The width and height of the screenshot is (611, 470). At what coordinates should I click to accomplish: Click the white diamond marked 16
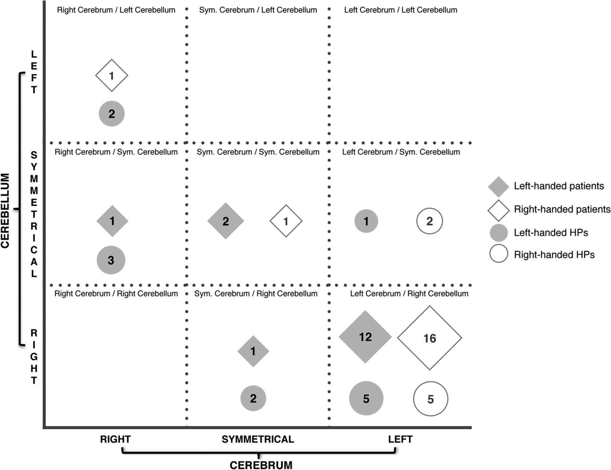pyautogui.click(x=430, y=338)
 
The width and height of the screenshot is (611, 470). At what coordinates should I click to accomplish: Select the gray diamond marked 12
pyautogui.click(x=365, y=337)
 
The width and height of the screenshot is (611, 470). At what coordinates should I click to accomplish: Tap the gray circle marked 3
pyautogui.click(x=111, y=260)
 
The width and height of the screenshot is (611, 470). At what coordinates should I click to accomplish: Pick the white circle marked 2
pyautogui.click(x=429, y=221)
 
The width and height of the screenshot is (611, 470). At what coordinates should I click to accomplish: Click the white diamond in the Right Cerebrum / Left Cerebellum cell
pyautogui.click(x=112, y=75)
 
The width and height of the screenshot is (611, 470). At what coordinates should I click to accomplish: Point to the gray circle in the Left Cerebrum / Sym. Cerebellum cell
pyautogui.click(x=366, y=221)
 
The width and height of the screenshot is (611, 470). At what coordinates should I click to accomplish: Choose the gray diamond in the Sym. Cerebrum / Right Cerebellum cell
pyautogui.click(x=253, y=351)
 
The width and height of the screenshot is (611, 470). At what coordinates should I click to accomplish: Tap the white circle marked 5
pyautogui.click(x=430, y=399)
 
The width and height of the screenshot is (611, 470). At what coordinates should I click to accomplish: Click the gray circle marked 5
pyautogui.click(x=366, y=398)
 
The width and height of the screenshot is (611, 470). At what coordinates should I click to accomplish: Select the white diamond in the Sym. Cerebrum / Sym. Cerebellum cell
pyautogui.click(x=286, y=221)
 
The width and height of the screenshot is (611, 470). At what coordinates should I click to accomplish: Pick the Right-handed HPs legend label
pyautogui.click(x=554, y=255)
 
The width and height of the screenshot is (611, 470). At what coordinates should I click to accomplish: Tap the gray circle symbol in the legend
pyautogui.click(x=499, y=233)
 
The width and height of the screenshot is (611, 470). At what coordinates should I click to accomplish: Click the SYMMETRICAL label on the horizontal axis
pyautogui.click(x=258, y=439)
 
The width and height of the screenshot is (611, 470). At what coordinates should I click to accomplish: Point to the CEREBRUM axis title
pyautogui.click(x=261, y=465)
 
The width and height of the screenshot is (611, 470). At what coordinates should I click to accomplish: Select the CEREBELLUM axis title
pyautogui.click(x=5, y=211)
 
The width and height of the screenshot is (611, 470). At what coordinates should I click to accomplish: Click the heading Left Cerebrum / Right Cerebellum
pyautogui.click(x=409, y=294)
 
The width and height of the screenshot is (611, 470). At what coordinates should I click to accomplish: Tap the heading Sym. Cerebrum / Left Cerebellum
pyautogui.click(x=258, y=10)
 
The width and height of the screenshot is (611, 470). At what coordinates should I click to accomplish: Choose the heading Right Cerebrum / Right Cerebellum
pyautogui.click(x=116, y=294)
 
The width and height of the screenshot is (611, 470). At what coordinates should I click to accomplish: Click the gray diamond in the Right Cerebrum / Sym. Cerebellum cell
pyautogui.click(x=112, y=221)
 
